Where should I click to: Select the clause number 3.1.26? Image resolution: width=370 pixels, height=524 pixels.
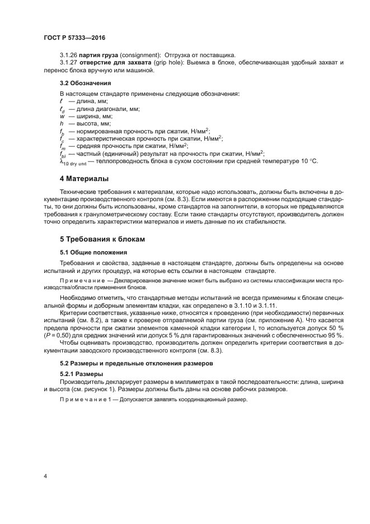pos(68,54)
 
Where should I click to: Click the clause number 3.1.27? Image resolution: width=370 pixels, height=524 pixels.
pos(68,62)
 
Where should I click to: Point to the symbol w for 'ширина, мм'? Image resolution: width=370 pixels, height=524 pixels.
pos(62,116)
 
